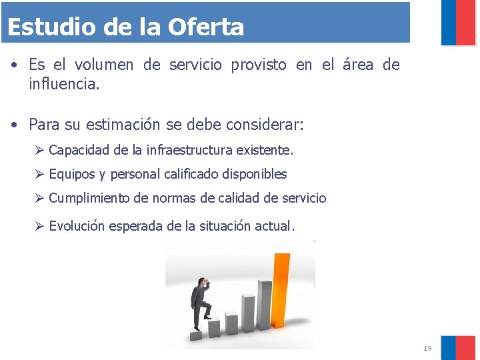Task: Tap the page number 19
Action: (427, 349)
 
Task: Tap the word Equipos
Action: (72, 174)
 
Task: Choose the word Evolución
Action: (77, 226)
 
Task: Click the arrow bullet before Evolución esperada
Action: (40, 226)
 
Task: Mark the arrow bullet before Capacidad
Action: (40, 150)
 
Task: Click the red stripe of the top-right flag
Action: (466, 23)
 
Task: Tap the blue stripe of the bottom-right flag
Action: (449, 347)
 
